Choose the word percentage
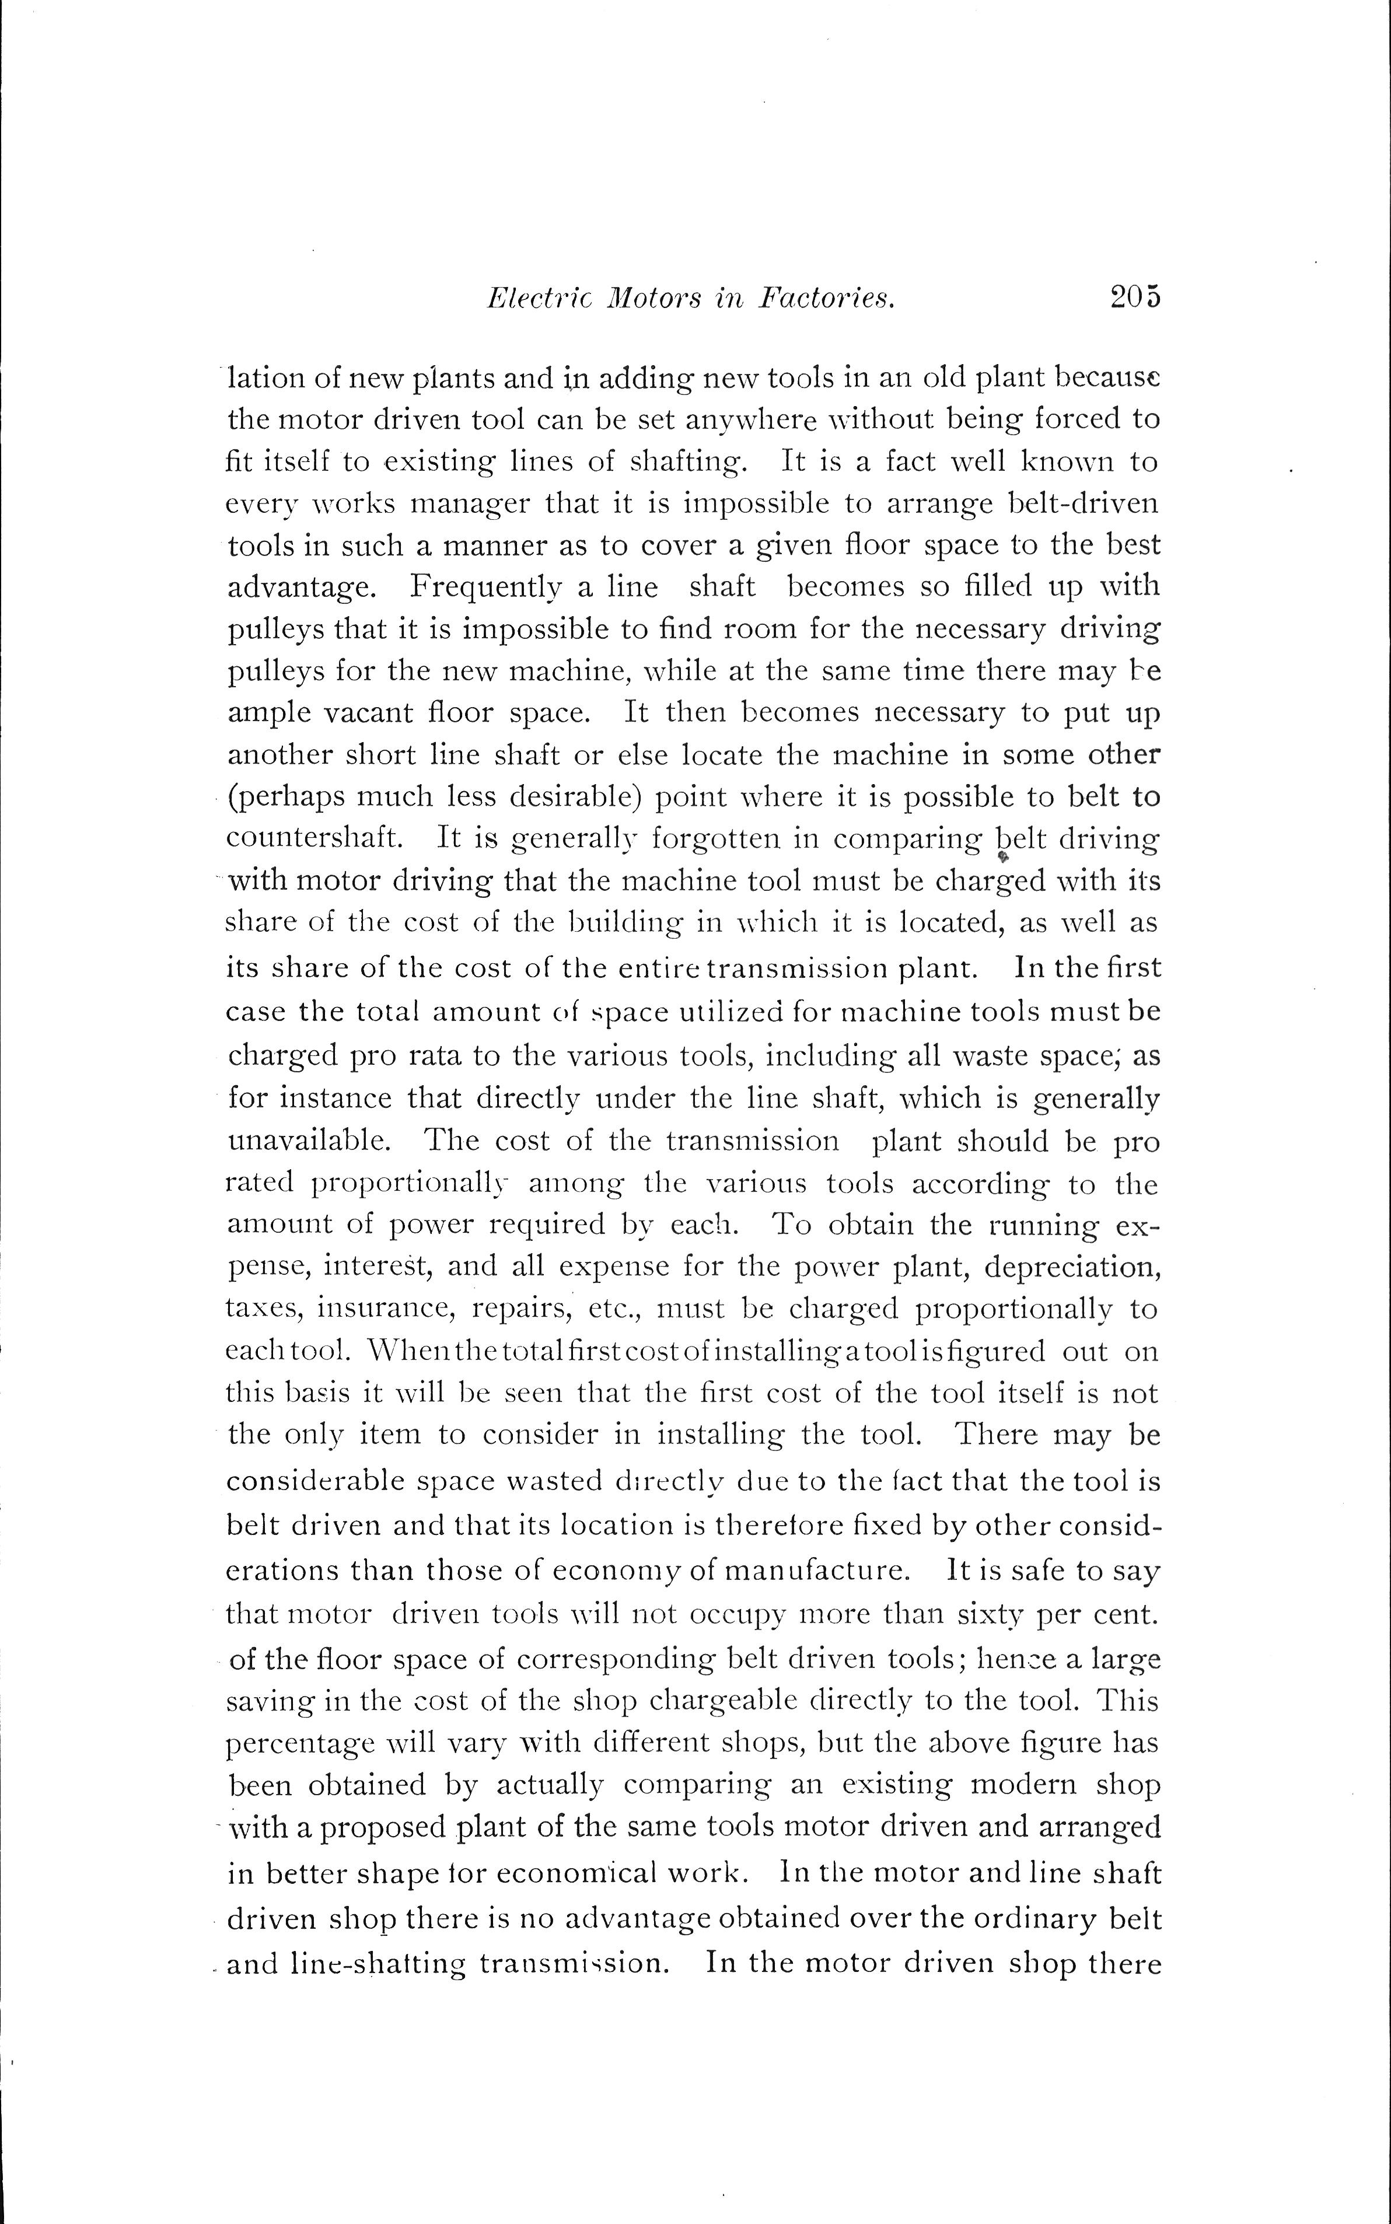pos(301,1743)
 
